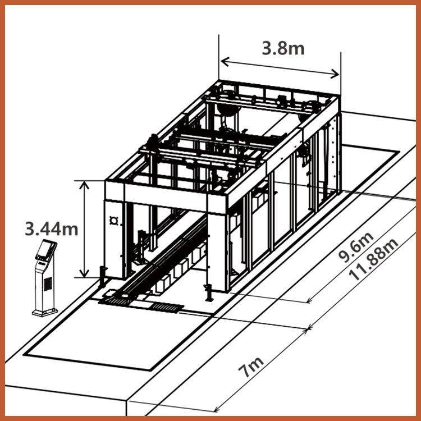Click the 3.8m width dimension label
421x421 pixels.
pyautogui.click(x=283, y=49)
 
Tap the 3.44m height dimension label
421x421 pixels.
pyautogui.click(x=52, y=229)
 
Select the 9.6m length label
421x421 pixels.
pyautogui.click(x=356, y=248)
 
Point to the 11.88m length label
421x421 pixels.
pyautogui.click(x=373, y=260)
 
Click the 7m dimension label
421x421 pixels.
pyautogui.click(x=251, y=366)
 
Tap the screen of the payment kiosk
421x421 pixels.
pyautogui.click(x=44, y=249)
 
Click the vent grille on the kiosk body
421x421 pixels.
pyautogui.click(x=48, y=284)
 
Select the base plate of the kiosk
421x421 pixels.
pyautogui.click(x=45, y=312)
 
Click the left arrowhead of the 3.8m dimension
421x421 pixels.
pyautogui.click(x=225, y=62)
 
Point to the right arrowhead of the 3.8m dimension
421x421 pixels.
pyautogui.click(x=335, y=74)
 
